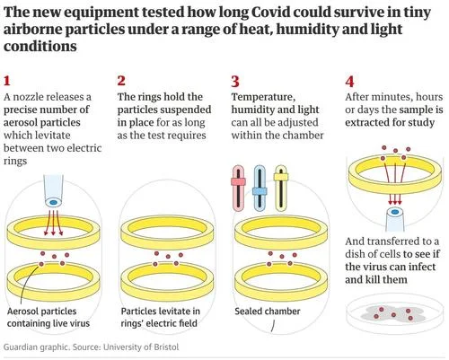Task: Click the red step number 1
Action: tap(7, 81)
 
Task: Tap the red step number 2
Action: tap(121, 81)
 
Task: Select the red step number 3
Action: tap(235, 82)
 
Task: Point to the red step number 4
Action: tap(349, 82)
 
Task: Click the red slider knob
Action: tap(238, 181)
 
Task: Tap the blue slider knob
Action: tap(260, 191)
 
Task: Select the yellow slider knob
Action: tap(281, 177)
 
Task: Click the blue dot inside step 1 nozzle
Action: tap(53, 203)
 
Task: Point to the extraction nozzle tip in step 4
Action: tap(395, 212)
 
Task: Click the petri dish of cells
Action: tap(393, 313)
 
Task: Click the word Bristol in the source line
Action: tap(166, 347)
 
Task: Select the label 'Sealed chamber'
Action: tap(268, 312)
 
